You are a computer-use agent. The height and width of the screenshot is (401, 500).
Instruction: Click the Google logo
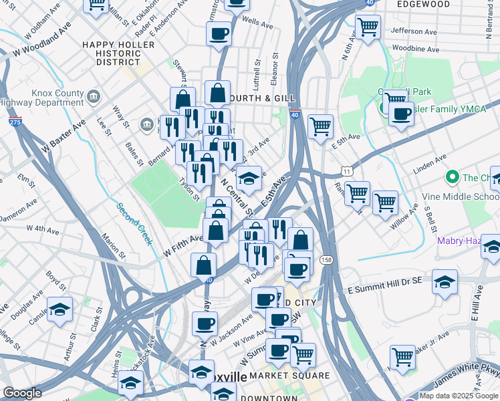point(22,393)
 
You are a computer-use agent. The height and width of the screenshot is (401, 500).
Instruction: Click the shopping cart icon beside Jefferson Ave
point(368,27)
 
